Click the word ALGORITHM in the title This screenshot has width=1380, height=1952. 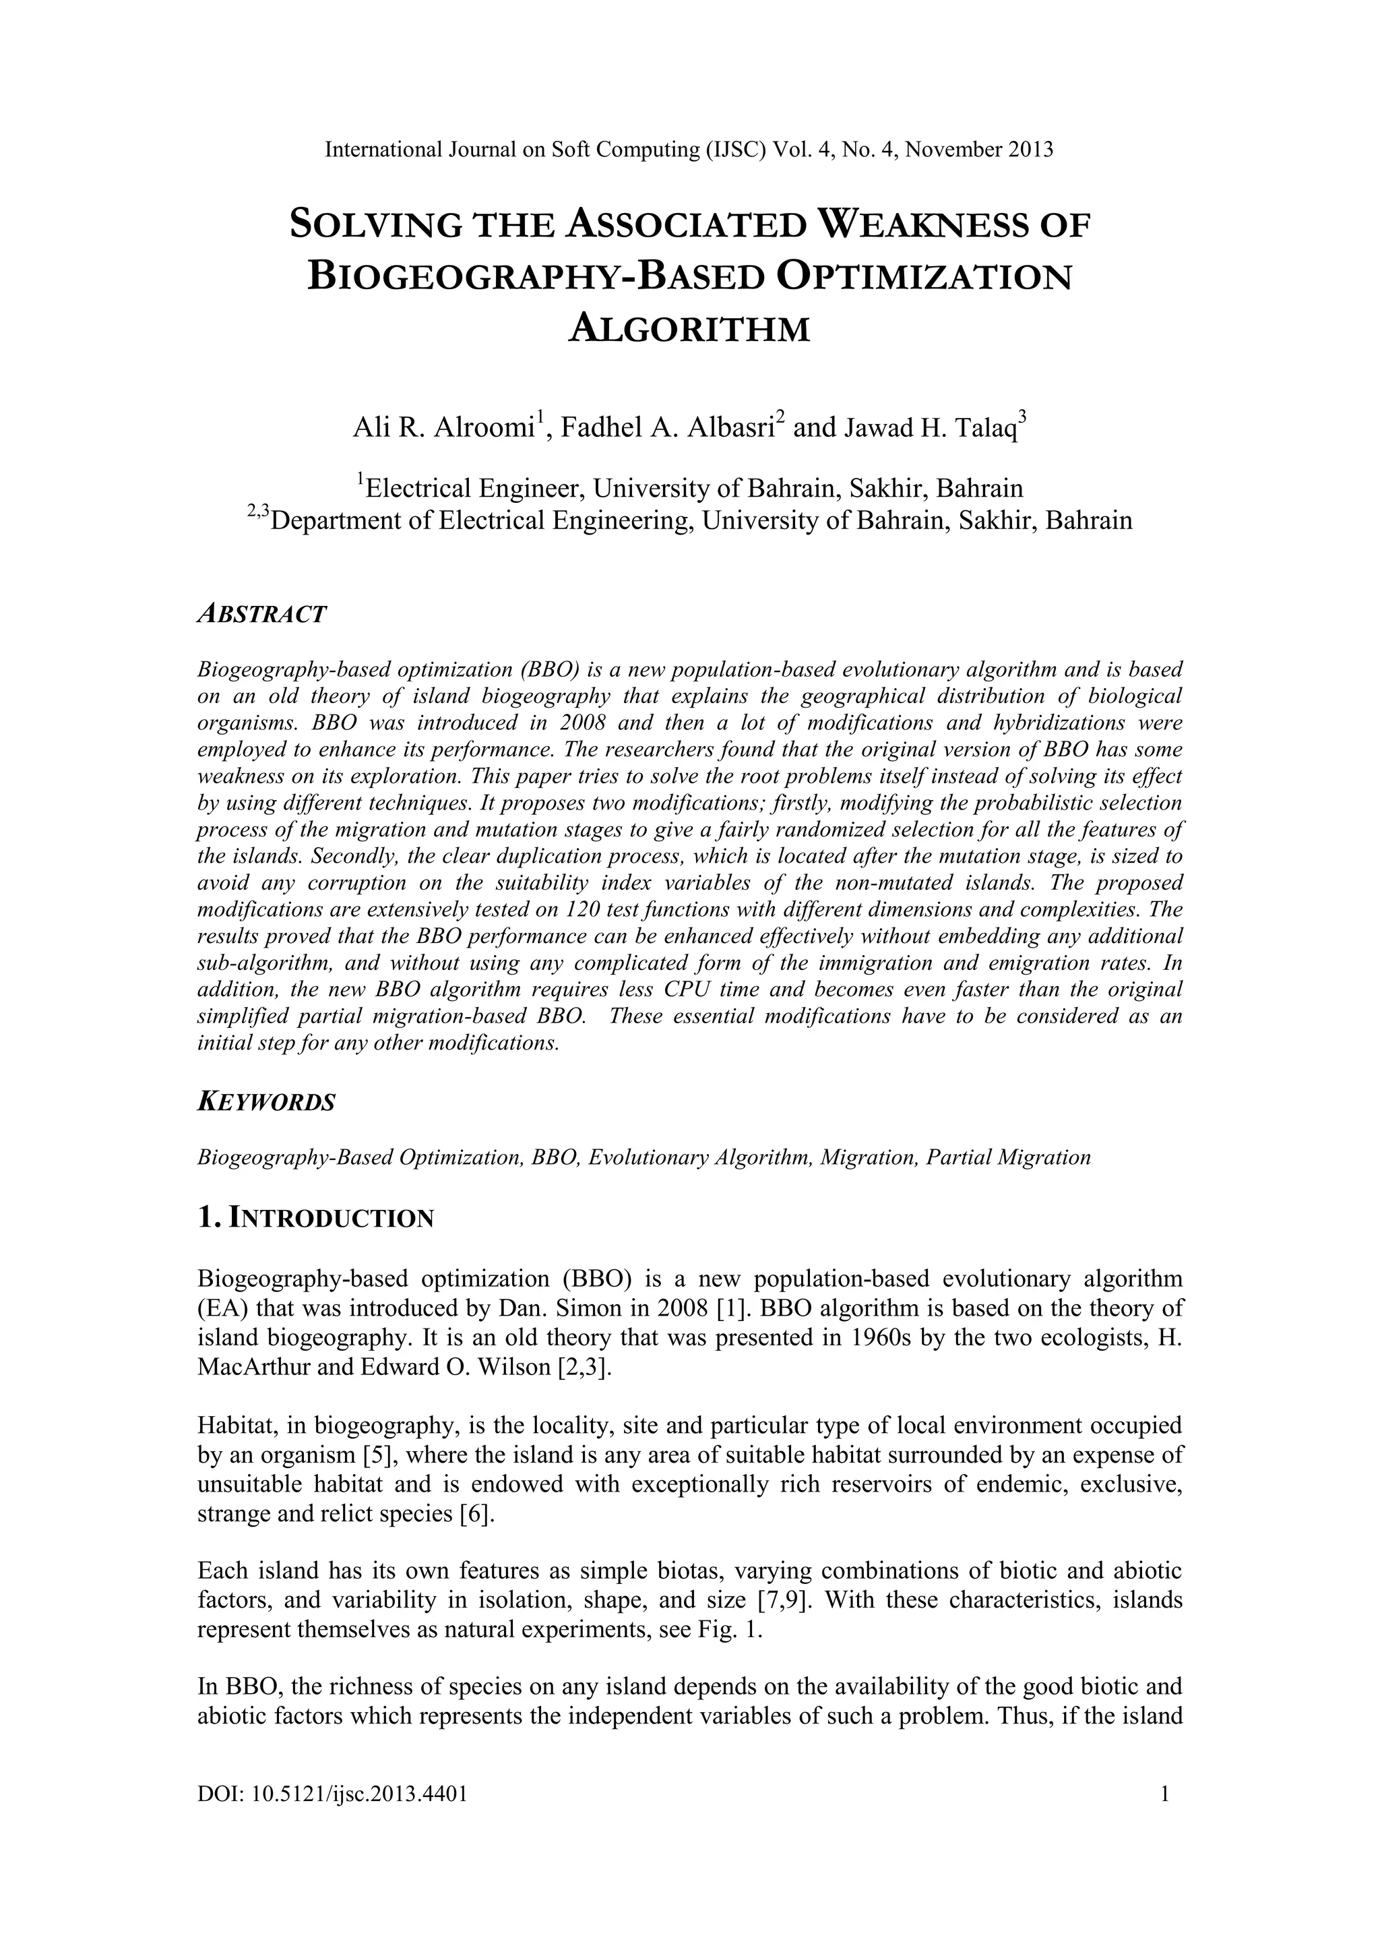click(689, 328)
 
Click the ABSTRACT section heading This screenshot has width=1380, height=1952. click(261, 615)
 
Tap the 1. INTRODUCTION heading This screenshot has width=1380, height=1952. click(315, 1218)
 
